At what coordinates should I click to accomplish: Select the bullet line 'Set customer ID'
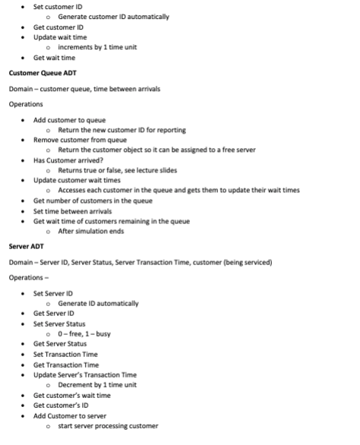click(x=58, y=6)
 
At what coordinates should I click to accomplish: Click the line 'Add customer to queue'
click(x=69, y=120)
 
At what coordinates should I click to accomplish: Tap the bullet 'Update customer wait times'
click(x=77, y=181)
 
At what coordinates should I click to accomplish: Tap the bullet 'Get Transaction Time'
click(x=66, y=365)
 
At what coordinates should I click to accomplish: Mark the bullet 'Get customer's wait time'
click(x=72, y=395)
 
